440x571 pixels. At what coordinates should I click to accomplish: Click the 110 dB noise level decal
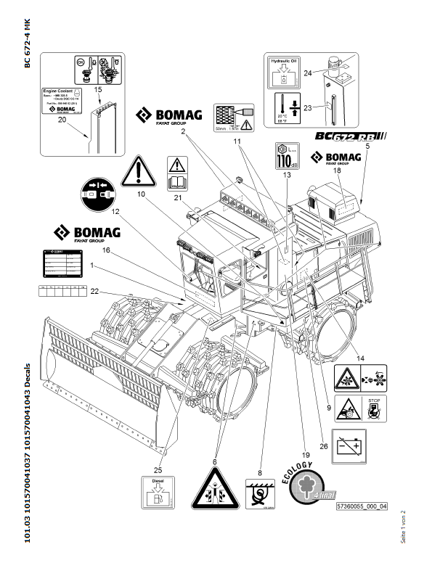pyautogui.click(x=287, y=156)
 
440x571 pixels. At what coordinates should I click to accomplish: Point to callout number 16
pyautogui.click(x=105, y=250)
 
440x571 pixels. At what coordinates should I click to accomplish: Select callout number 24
pyautogui.click(x=308, y=73)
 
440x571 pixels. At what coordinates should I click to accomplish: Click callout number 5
pyautogui.click(x=368, y=147)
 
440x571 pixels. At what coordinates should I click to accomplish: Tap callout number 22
pyautogui.click(x=94, y=291)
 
